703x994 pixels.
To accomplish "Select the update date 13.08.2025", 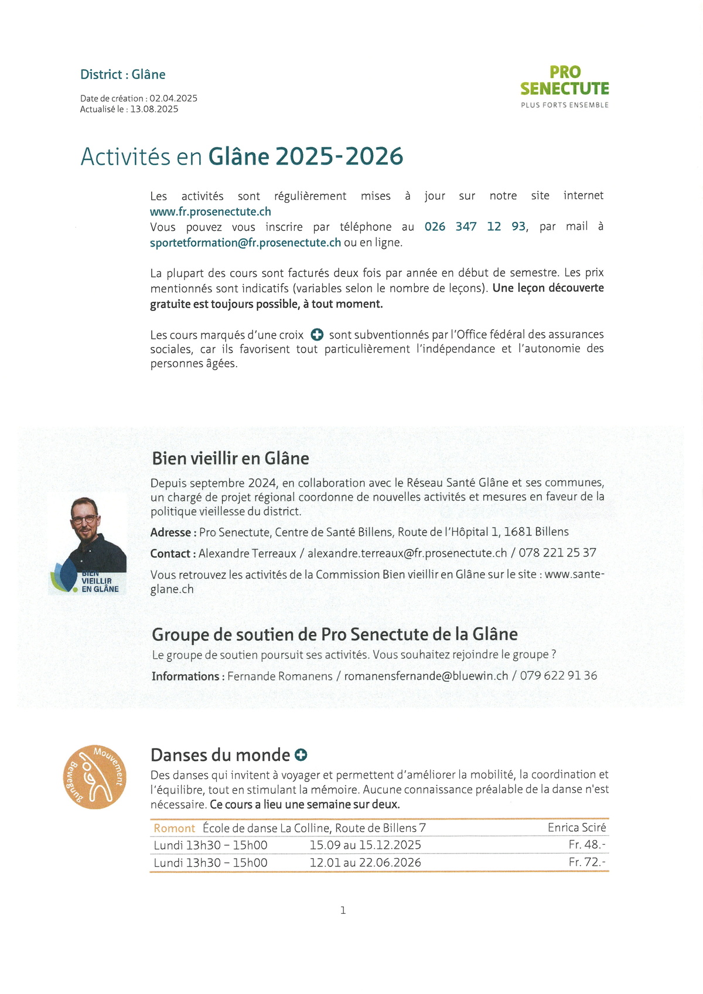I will (x=154, y=109).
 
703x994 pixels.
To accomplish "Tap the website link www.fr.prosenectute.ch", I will (x=210, y=211).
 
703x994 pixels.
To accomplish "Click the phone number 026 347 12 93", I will (x=475, y=227).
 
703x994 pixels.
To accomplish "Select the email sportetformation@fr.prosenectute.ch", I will (x=245, y=242).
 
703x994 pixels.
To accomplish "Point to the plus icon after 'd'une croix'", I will (x=317, y=335).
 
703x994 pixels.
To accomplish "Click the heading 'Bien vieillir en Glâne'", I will (x=230, y=458).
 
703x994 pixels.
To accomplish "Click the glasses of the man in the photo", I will (x=84, y=519).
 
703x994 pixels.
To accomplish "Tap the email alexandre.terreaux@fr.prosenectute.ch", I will (x=407, y=553).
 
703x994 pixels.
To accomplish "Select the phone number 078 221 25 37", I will (x=557, y=553).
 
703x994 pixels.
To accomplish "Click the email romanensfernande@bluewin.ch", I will (x=426, y=676).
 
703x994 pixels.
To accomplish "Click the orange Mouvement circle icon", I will (x=94, y=777).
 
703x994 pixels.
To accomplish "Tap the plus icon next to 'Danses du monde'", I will (x=301, y=755).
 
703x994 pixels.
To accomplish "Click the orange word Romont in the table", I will (x=174, y=828).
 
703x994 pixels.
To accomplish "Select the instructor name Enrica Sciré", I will (x=576, y=828).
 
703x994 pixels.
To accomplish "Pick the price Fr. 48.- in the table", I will (x=586, y=845).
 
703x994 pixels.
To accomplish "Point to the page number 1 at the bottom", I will (x=343, y=910).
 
